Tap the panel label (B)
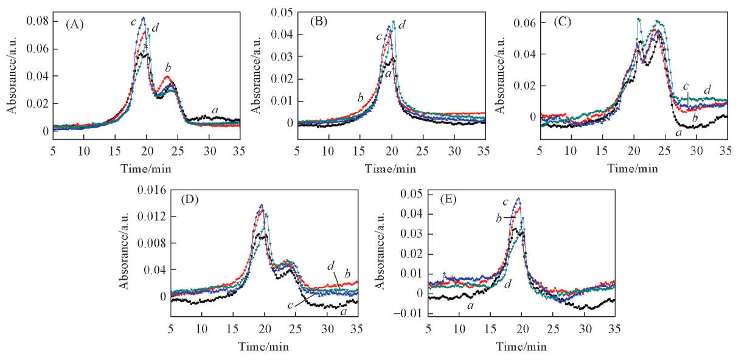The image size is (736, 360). pos(319,21)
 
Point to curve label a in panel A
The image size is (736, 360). pos(215,109)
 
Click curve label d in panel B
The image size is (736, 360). pos(402,24)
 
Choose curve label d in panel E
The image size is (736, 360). pos(507,283)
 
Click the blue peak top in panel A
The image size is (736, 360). pos(144,18)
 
